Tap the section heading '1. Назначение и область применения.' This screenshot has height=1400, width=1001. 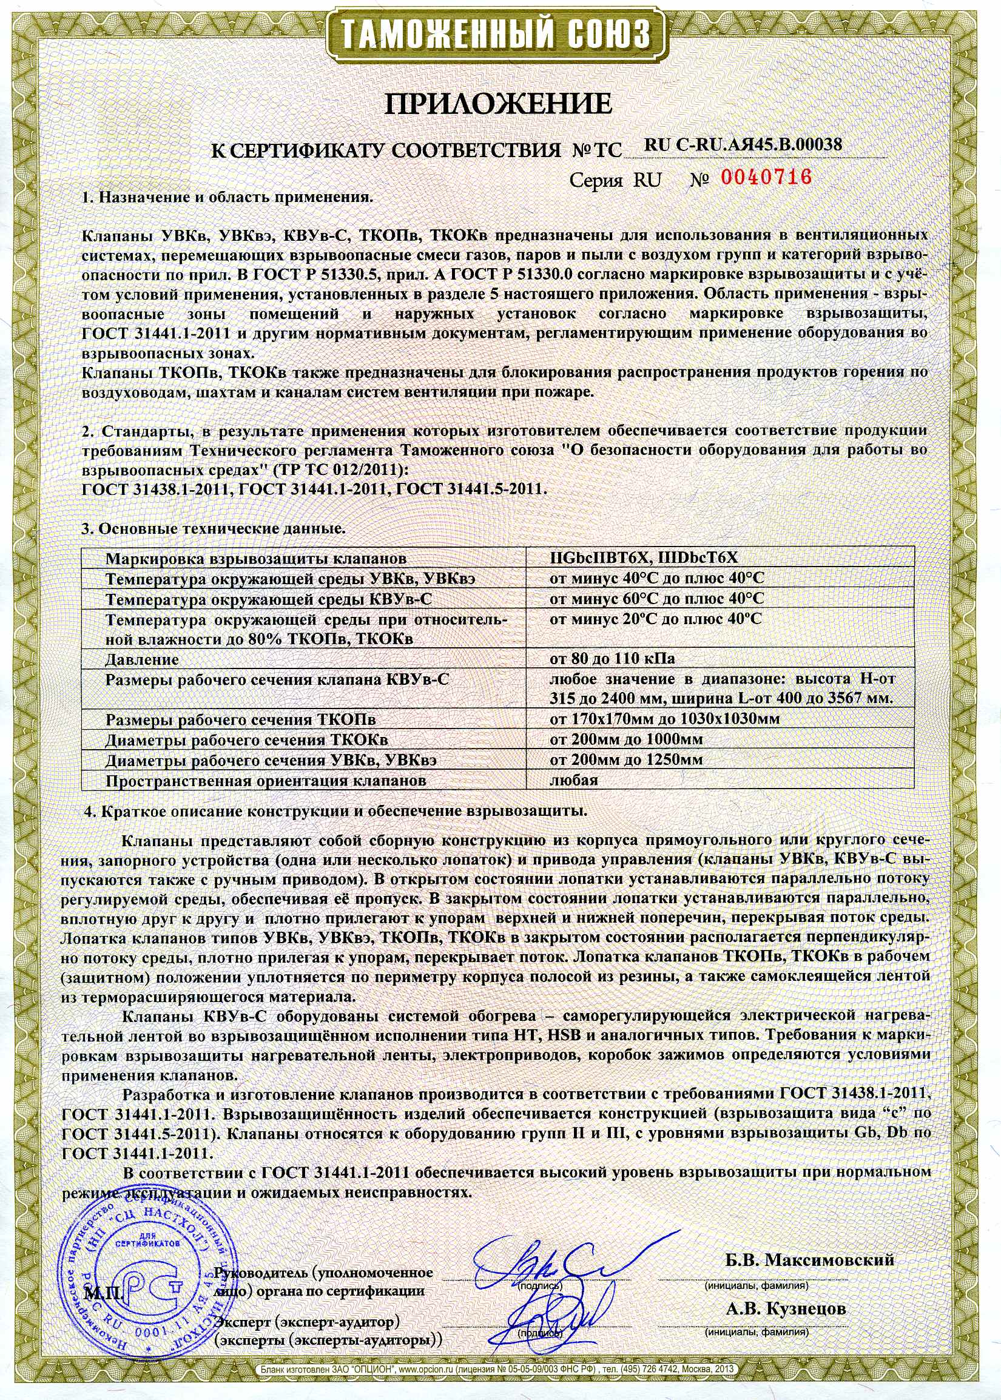227,198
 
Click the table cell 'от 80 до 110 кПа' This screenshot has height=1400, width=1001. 612,659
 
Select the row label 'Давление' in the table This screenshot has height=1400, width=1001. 143,659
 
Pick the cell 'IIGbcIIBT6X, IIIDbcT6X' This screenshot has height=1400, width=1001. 643,559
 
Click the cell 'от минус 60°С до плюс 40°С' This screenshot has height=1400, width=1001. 656,599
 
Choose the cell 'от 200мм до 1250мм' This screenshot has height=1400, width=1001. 625,760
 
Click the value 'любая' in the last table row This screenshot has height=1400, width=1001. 573,780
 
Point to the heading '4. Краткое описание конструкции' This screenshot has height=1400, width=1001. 335,811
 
